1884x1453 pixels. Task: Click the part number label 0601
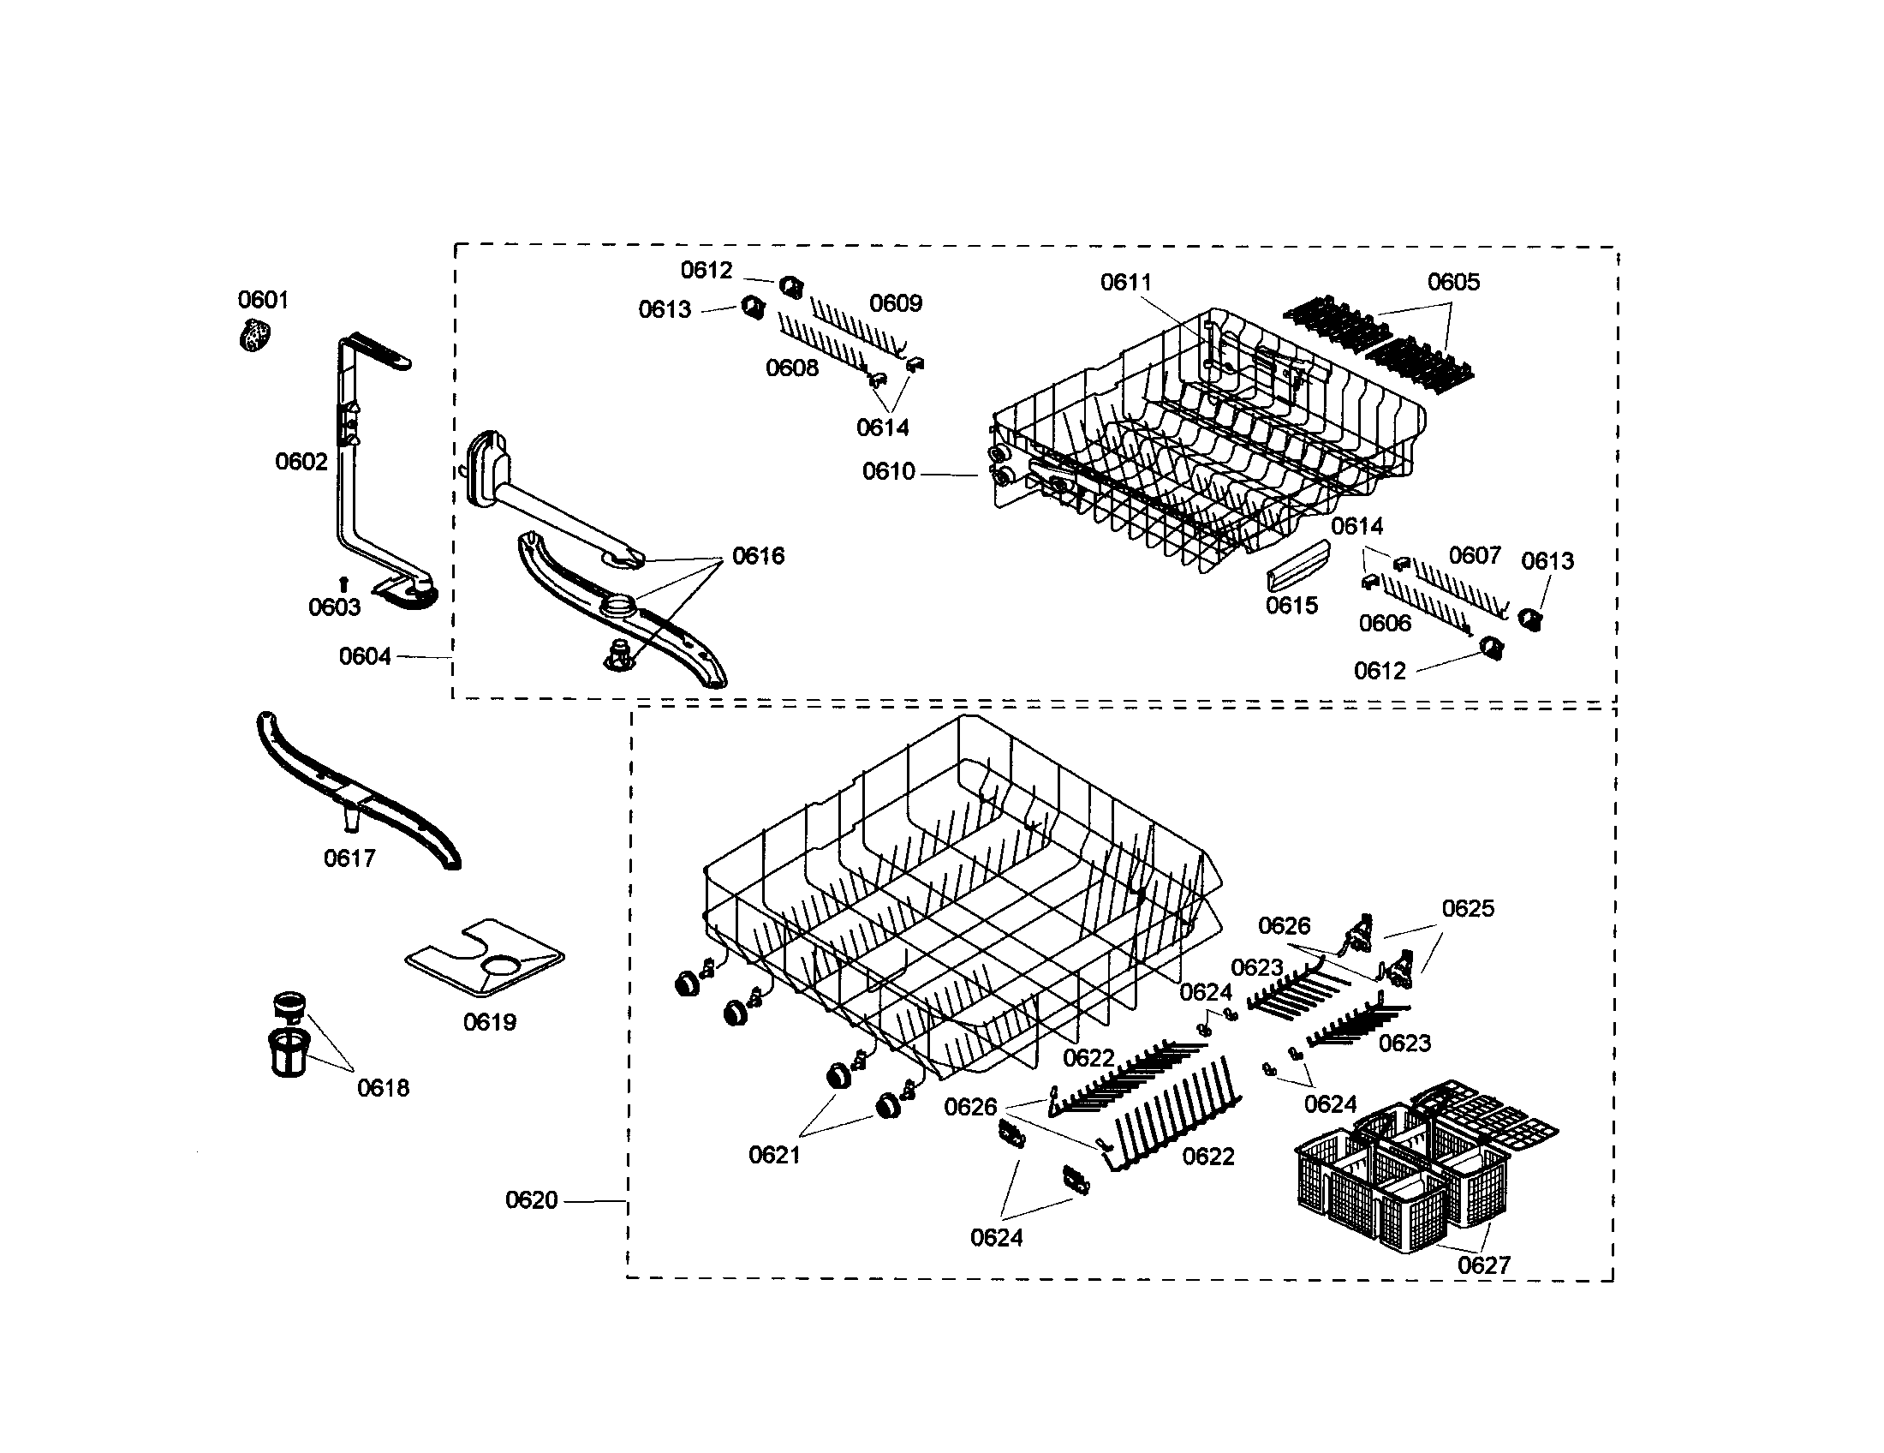263,299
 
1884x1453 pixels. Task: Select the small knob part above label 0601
254,335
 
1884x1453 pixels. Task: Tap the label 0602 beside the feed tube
301,462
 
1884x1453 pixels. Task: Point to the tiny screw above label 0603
343,583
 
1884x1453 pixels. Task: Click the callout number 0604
365,656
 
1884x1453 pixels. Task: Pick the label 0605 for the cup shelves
1453,282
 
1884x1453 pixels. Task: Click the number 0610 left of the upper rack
889,471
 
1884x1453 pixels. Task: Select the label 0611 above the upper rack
1126,282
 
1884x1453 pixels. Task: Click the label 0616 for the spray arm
758,556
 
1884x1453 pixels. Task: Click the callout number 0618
383,1088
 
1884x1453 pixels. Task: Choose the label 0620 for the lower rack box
532,1200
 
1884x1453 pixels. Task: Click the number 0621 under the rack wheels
775,1155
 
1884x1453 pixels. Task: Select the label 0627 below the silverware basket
1484,1265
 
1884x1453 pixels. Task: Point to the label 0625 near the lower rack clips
1468,909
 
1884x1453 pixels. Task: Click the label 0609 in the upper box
896,303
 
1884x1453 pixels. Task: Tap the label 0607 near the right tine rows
1475,555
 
